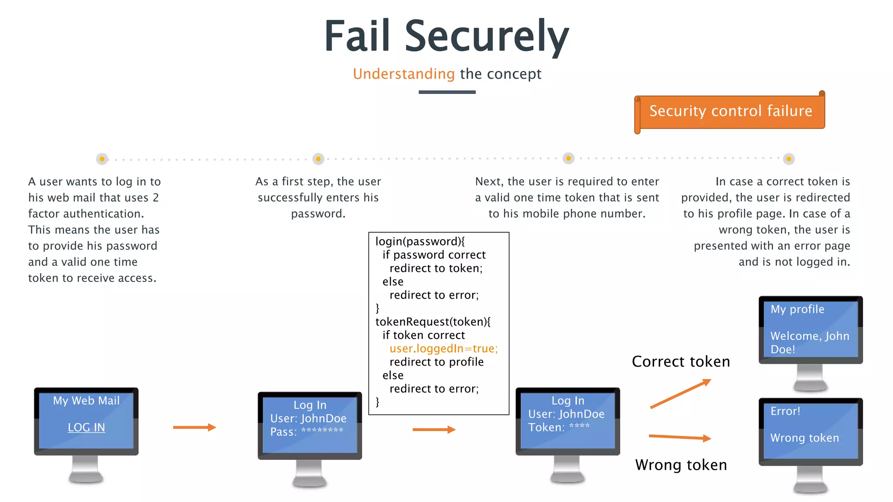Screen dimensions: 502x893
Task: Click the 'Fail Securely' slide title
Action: click(x=446, y=37)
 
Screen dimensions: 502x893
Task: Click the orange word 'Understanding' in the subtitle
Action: click(x=404, y=74)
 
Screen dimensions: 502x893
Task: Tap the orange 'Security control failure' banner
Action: click(x=730, y=111)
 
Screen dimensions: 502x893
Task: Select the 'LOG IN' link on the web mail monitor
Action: click(x=86, y=427)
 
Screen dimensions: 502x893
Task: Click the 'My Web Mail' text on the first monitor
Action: click(x=86, y=400)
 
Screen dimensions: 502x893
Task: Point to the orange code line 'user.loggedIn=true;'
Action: click(x=443, y=349)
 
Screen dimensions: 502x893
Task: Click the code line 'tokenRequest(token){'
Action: click(x=433, y=322)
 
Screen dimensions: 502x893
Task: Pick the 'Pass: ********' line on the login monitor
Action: click(x=307, y=432)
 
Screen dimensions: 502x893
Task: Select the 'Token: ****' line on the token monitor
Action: click(x=559, y=427)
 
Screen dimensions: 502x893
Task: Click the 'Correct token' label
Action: click(x=681, y=362)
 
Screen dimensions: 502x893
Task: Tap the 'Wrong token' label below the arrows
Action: click(x=681, y=465)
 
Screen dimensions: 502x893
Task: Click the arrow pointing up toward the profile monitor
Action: click(x=680, y=394)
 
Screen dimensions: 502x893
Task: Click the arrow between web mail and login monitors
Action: click(x=194, y=427)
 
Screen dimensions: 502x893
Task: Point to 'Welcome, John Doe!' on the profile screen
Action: click(x=809, y=343)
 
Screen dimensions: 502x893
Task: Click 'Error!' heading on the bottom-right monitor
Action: click(x=785, y=411)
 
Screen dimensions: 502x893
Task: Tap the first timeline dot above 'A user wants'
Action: click(x=102, y=159)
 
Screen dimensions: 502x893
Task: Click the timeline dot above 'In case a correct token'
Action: click(x=788, y=159)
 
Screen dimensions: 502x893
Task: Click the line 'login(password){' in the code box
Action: click(x=420, y=241)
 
